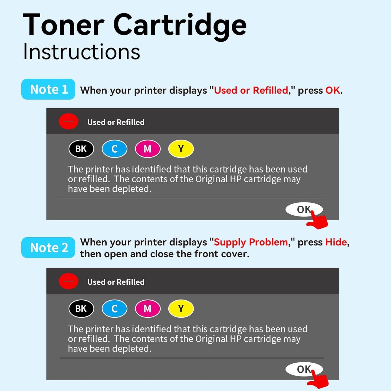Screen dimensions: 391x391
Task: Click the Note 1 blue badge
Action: click(x=48, y=89)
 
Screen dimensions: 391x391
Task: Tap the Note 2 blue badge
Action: click(x=48, y=248)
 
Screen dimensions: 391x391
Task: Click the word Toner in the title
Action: click(x=64, y=25)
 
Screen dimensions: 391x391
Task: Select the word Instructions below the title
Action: click(x=81, y=52)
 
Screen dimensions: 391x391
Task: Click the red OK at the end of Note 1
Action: click(x=333, y=90)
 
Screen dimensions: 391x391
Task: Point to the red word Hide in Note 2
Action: click(x=336, y=242)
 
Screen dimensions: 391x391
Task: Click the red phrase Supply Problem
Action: click(x=251, y=242)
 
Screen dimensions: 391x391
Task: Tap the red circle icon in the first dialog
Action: click(x=68, y=121)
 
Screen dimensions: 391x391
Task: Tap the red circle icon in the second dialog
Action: click(x=68, y=281)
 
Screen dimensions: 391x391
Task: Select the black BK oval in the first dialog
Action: click(x=81, y=149)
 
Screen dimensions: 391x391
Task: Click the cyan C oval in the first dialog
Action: click(x=114, y=149)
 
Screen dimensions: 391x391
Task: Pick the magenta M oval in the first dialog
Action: click(x=148, y=149)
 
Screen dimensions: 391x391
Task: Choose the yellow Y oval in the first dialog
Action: click(x=181, y=149)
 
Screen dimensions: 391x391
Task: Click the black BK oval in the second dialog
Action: click(x=81, y=309)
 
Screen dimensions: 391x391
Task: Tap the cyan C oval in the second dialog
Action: click(x=114, y=309)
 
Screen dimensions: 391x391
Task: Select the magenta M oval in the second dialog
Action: click(x=148, y=309)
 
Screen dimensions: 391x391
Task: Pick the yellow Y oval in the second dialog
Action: click(x=181, y=309)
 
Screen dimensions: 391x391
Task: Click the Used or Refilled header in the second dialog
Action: click(x=116, y=282)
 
